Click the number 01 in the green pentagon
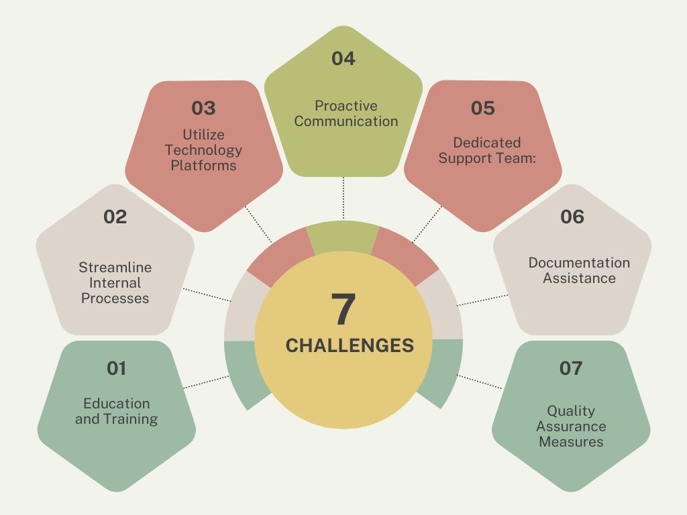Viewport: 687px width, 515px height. point(117,368)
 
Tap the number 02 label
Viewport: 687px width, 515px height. point(115,217)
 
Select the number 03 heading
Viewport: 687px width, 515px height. point(204,108)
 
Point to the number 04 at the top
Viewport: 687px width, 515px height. point(343,59)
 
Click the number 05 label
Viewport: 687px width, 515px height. point(483,108)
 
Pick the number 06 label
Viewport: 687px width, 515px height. point(572,217)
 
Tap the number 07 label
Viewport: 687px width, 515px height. point(571,368)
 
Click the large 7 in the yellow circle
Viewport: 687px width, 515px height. point(343,308)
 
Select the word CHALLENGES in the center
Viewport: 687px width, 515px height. point(350,345)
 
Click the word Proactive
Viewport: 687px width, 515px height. point(346,106)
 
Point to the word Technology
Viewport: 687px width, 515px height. point(204,150)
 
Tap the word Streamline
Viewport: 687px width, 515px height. point(115,267)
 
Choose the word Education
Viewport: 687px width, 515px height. point(117,403)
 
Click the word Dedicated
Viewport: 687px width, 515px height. point(487,143)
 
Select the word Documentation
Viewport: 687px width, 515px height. point(579,263)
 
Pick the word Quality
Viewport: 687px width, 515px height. point(571,411)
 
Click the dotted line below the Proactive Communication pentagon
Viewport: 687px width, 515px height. point(343,198)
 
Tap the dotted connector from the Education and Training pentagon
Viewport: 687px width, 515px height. point(206,382)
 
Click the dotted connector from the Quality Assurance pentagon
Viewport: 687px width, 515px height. point(480,382)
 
